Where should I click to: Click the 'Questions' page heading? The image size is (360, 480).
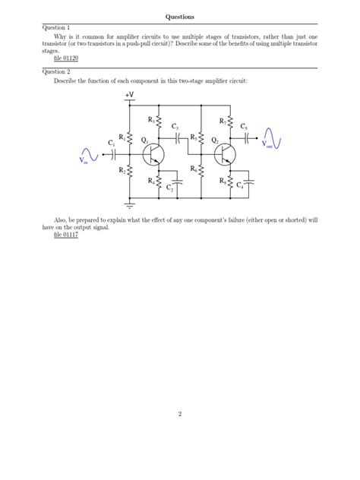pyautogui.click(x=180, y=16)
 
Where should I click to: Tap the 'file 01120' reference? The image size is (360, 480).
pyautogui.click(x=66, y=58)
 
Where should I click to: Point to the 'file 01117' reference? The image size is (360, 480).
pyautogui.click(x=66, y=235)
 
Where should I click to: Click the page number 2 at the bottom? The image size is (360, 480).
pyautogui.click(x=180, y=413)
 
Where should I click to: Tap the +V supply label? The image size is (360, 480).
pyautogui.click(x=130, y=95)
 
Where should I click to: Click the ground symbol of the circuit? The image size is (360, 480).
pyautogui.click(x=130, y=204)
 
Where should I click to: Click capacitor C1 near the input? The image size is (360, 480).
pyautogui.click(x=114, y=153)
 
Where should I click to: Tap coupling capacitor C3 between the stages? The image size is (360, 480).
pyautogui.click(x=176, y=139)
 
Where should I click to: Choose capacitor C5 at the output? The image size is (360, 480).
pyautogui.click(x=246, y=139)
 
